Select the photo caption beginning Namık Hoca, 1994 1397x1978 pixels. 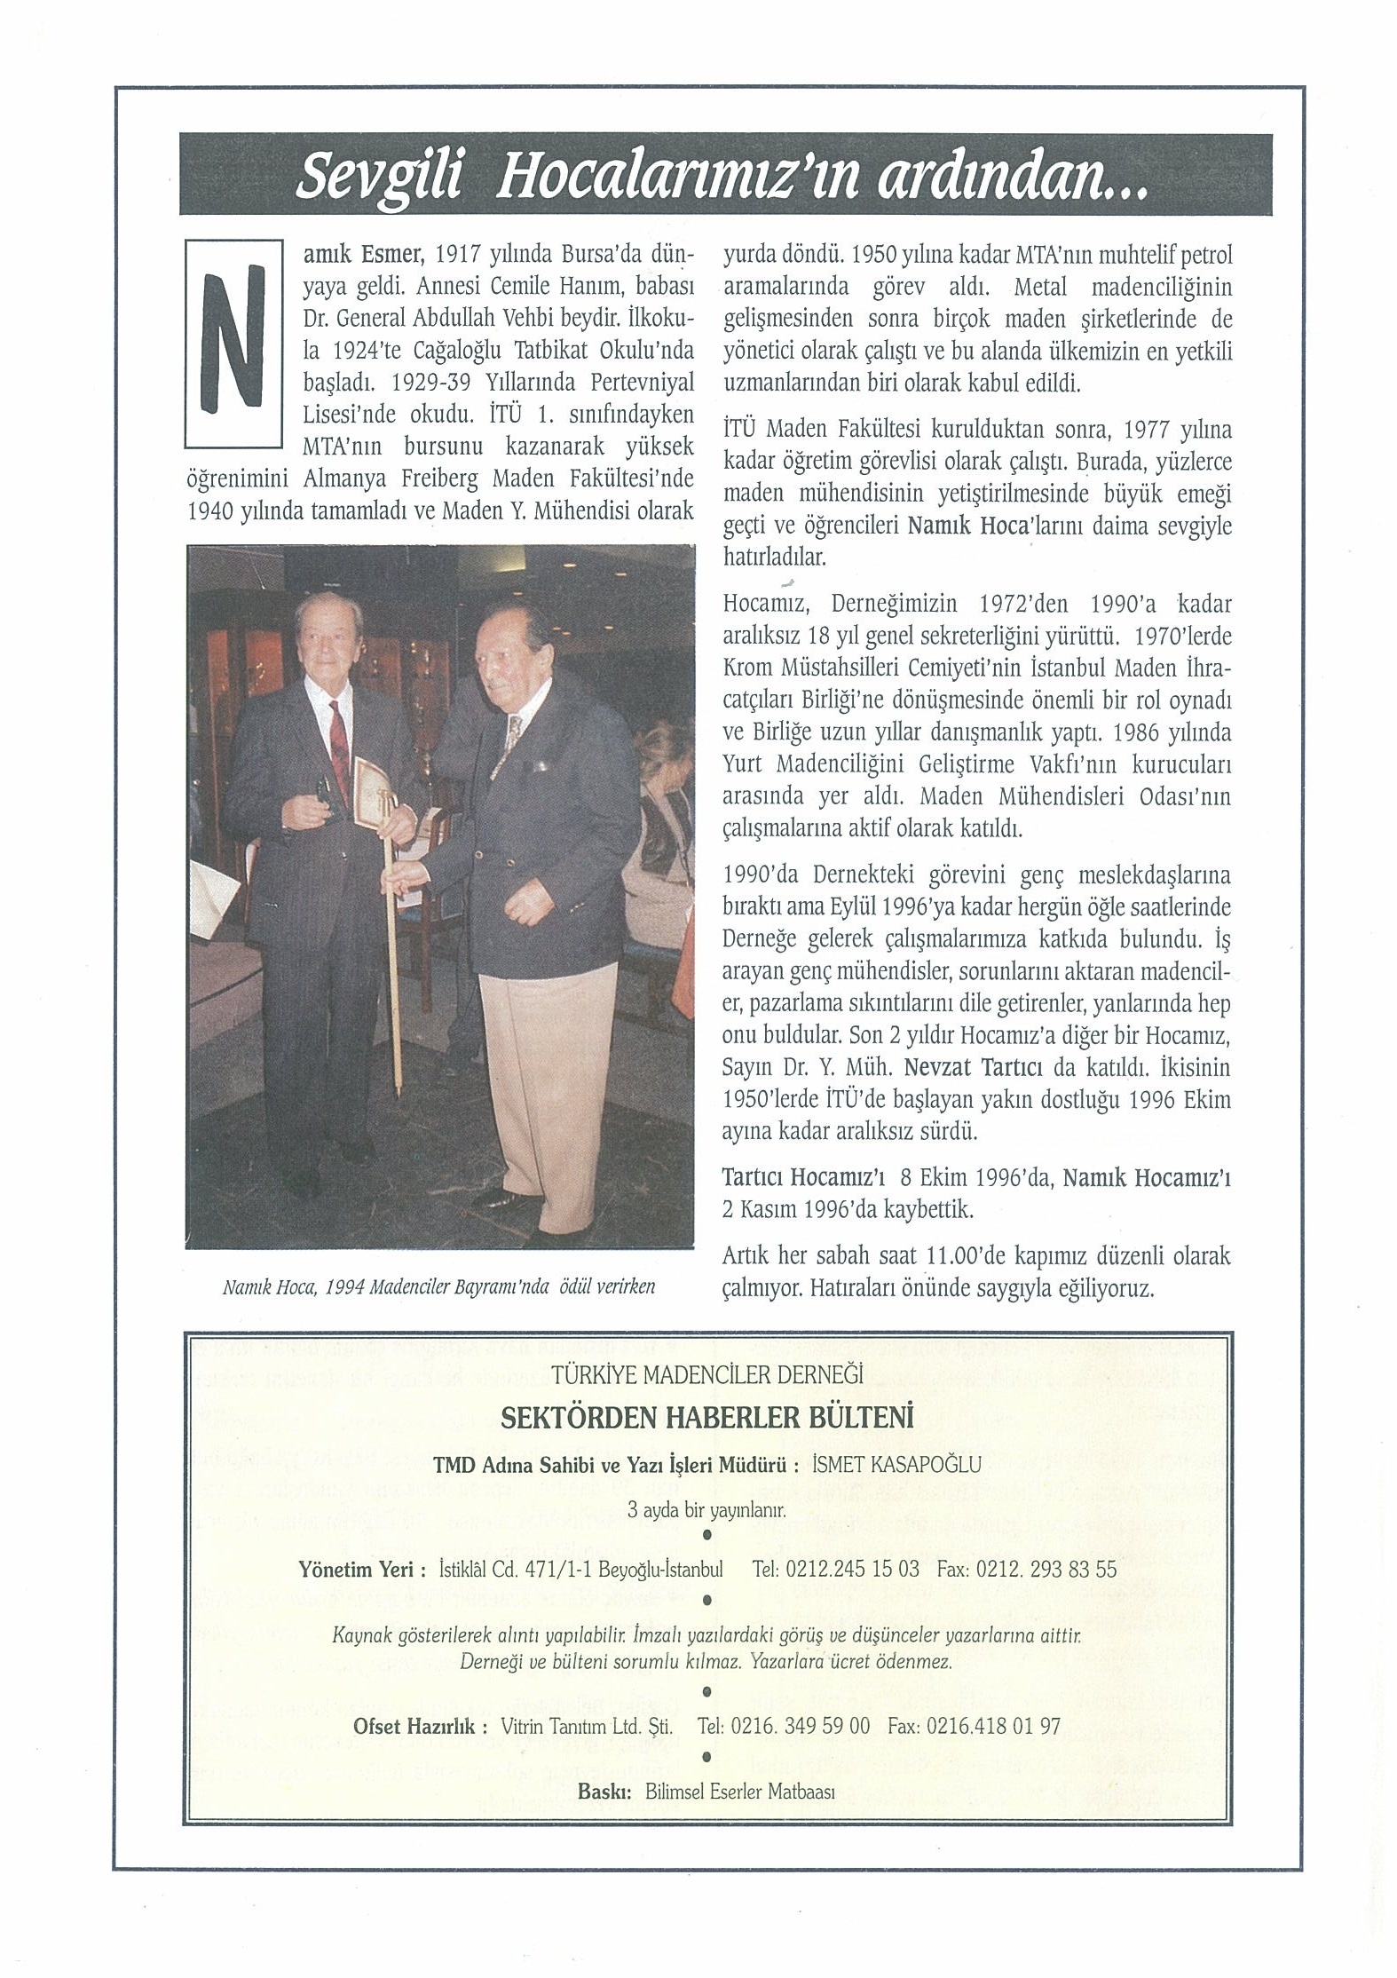(438, 1286)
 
